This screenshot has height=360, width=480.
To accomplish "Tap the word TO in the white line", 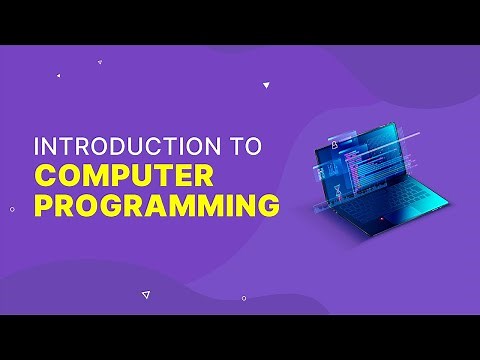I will [244, 146].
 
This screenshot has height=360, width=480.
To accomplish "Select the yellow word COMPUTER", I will [124, 176].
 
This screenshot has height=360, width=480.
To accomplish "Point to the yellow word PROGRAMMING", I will [156, 207].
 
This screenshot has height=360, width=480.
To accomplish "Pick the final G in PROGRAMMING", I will [266, 207].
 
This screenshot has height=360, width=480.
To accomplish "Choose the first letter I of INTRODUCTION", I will [38, 146].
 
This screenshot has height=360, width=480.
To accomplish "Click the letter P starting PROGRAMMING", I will [46, 207].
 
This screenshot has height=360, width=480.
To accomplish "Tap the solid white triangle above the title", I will [266, 86].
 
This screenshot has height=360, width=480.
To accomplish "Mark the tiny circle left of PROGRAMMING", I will [12, 209].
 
